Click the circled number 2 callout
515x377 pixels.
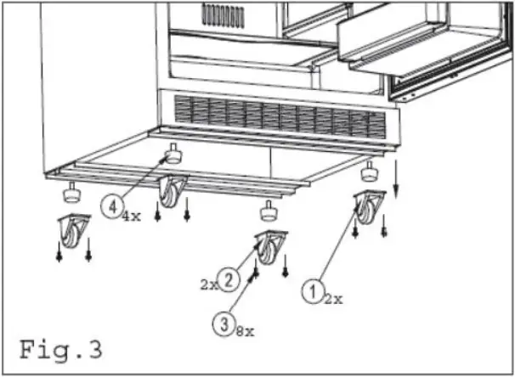(x=226, y=277)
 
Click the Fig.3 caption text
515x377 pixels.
(x=60, y=348)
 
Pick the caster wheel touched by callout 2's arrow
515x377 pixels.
(x=271, y=247)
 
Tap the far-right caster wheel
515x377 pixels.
(x=368, y=209)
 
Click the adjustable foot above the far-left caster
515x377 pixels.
(x=70, y=194)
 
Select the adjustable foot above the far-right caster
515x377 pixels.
(x=370, y=172)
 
